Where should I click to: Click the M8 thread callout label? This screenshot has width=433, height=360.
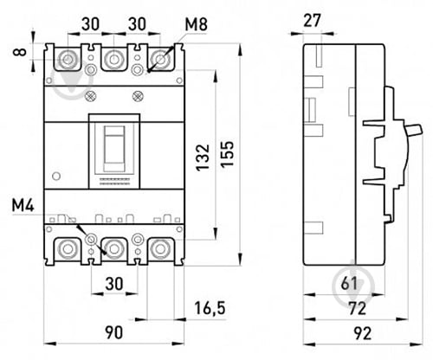pos(196,24)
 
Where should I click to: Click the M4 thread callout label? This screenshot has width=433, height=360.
pos(23,206)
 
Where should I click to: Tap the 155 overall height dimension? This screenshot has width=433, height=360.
pos(228,153)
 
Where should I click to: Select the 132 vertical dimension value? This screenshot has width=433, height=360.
pos(203,157)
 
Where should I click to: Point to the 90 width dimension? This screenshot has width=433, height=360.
pos(113,332)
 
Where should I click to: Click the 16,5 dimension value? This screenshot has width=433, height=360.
pos(210,308)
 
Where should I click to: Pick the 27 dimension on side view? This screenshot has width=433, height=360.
pos(312,21)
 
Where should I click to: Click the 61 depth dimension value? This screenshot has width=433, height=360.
pos(349,283)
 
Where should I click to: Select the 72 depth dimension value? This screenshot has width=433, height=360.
pos(358,308)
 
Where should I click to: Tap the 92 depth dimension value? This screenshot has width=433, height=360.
pos(363,333)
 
